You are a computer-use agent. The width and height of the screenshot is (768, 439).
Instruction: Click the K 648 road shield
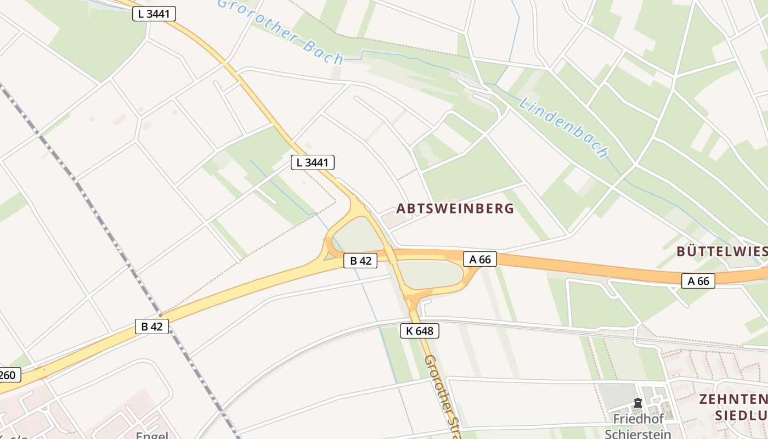point(420,331)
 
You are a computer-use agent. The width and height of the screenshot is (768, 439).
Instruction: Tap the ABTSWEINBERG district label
point(455,209)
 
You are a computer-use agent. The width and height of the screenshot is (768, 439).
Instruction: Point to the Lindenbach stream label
point(564,128)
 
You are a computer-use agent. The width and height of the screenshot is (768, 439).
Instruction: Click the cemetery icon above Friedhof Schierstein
point(638,403)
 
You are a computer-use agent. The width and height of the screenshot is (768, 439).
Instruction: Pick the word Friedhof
point(635,419)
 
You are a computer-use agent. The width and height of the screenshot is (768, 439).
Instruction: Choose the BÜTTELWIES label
point(721,251)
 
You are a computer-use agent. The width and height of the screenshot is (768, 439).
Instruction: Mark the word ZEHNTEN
point(732,399)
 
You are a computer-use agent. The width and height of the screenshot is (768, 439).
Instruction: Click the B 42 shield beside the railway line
point(152,327)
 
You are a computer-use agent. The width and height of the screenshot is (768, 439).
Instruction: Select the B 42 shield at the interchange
point(360,261)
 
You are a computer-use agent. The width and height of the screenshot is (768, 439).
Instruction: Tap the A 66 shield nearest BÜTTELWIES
point(698,281)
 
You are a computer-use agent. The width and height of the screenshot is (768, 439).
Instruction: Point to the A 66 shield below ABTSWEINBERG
point(480,259)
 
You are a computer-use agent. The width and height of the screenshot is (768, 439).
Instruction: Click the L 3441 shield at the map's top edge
point(154,14)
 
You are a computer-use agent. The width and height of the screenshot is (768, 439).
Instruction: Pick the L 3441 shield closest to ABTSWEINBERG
point(312,162)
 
